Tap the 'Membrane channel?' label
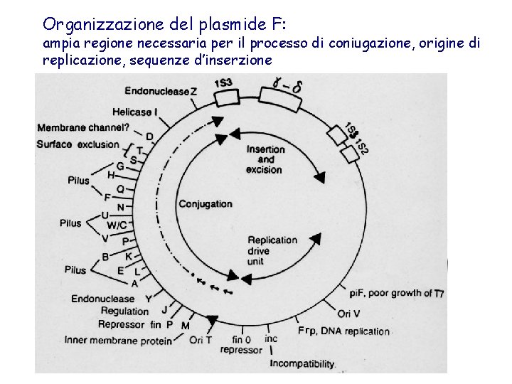83,128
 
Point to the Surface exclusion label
78,144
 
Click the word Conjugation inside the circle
206,204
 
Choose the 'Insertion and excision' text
265,159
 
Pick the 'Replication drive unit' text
272,250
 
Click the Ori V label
349,313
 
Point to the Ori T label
201,340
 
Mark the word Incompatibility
302,364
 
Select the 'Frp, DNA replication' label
344,331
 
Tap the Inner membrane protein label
118,341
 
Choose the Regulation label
125,311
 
